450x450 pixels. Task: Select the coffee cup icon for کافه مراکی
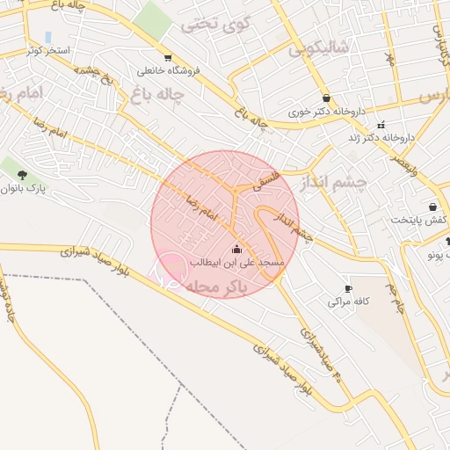348,288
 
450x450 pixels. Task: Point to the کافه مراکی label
347,301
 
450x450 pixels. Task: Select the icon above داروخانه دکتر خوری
327,98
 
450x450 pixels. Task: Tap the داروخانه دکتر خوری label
327,112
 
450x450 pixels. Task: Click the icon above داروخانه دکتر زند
381,124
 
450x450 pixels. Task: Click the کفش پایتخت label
419,220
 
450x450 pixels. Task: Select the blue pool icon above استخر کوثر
47,37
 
